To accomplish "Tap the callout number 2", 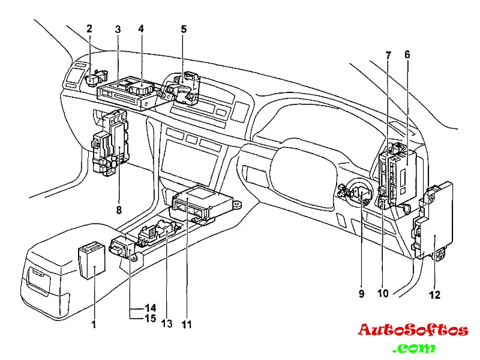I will pyautogui.click(x=89, y=28).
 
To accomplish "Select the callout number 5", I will pyautogui.click(x=184, y=28).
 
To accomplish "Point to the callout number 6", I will pyautogui.click(x=407, y=54).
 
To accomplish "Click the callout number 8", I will pyautogui.click(x=119, y=210).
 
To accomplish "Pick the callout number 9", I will pyautogui.click(x=362, y=294).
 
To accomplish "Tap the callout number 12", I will pyautogui.click(x=434, y=295).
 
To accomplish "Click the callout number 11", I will pyautogui.click(x=187, y=324).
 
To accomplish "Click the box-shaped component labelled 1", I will pyautogui.click(x=91, y=261).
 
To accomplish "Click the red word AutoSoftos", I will pyautogui.click(x=413, y=330).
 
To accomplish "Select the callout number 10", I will pyautogui.click(x=383, y=294).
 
